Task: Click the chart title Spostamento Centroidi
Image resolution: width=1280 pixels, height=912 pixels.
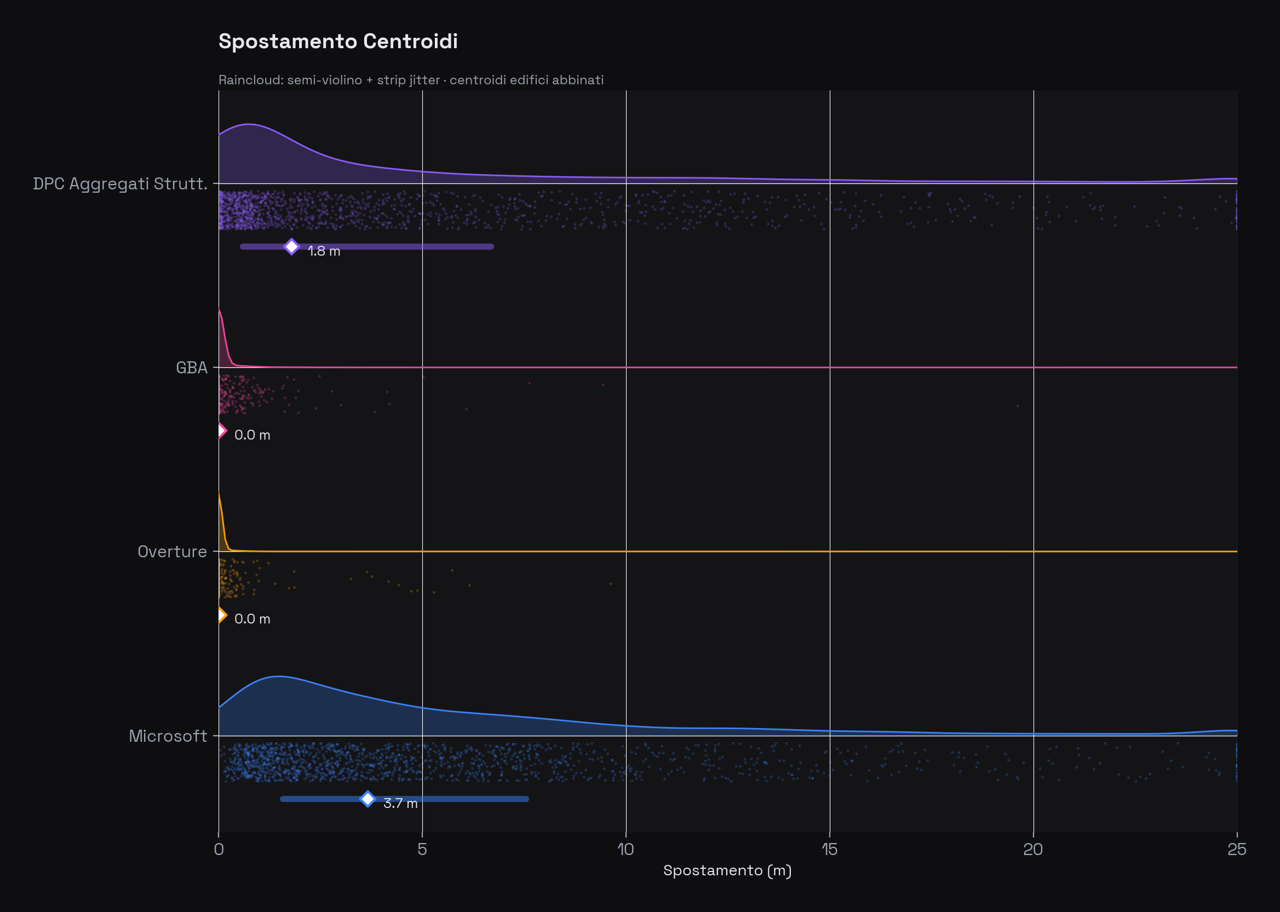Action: (338, 42)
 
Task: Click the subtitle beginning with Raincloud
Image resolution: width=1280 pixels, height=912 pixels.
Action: (411, 80)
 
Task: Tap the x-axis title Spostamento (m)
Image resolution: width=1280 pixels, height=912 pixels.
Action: (727, 870)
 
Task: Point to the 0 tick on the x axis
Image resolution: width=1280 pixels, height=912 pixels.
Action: (219, 849)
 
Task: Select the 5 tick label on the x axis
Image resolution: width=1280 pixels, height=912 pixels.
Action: (422, 849)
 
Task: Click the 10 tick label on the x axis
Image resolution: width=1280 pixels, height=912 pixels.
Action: (625, 849)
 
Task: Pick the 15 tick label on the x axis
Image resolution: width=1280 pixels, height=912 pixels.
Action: (829, 849)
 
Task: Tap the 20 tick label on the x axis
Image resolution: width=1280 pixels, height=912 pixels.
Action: (1033, 849)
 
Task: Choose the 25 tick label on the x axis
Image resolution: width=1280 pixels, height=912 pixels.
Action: (1236, 849)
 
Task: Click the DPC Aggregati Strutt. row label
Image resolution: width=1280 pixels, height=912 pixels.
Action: (120, 183)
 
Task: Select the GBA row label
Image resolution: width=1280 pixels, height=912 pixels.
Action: (192, 368)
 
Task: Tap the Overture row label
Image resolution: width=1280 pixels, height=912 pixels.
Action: (172, 551)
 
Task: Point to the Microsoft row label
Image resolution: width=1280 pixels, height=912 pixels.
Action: (168, 736)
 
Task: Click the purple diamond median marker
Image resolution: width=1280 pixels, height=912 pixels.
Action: (291, 246)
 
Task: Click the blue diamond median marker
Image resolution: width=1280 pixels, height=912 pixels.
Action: (368, 799)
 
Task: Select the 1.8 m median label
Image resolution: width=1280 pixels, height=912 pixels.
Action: (324, 251)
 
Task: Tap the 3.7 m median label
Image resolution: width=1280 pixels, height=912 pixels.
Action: (400, 804)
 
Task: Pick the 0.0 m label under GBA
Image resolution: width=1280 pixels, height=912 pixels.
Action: (252, 435)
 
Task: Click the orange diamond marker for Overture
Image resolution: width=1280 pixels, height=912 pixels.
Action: (221, 615)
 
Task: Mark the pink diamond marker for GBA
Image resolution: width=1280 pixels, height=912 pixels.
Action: (221, 431)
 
